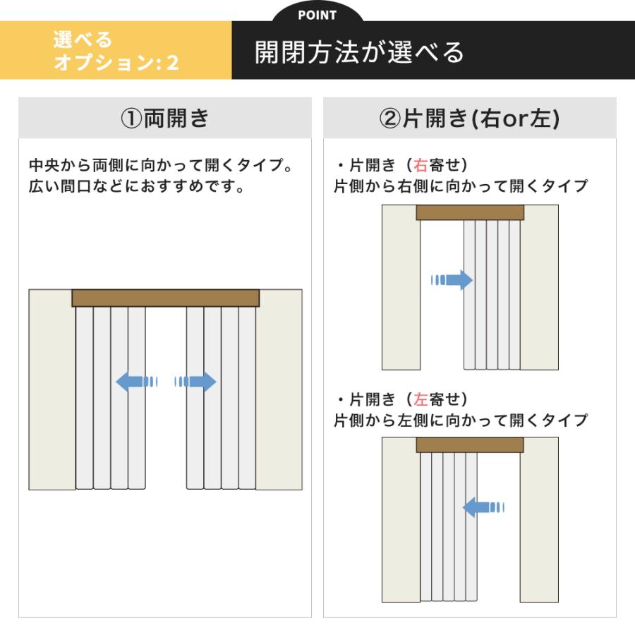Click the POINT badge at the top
[x=317, y=15]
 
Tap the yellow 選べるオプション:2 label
[x=116, y=51]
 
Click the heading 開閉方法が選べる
[x=360, y=52]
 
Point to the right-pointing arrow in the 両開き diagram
[x=195, y=382]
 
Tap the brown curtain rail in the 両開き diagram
[x=165, y=298]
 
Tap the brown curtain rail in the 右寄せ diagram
[x=470, y=212]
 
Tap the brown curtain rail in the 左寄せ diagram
[x=470, y=445]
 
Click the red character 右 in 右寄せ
[x=421, y=166]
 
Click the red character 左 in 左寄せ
[x=421, y=399]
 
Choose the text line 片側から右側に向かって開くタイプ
[x=461, y=186]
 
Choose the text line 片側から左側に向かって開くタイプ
[x=461, y=421]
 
